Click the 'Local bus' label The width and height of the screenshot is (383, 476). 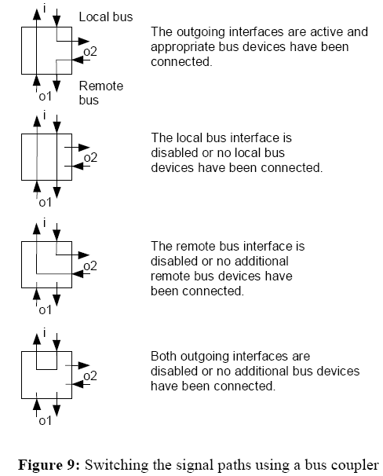click(x=106, y=16)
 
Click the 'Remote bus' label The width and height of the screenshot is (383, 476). click(x=100, y=92)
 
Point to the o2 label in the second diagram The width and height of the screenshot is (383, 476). click(x=90, y=157)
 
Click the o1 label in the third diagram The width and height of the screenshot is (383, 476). click(x=45, y=309)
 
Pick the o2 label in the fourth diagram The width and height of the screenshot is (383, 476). click(x=90, y=375)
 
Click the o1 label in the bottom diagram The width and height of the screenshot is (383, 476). click(x=45, y=420)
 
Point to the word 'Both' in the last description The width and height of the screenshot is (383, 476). click(x=164, y=356)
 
